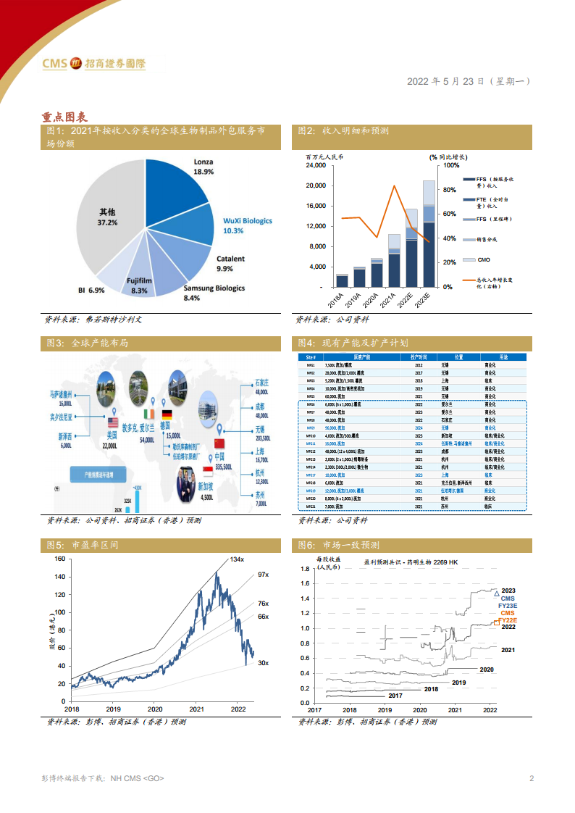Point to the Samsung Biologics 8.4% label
214,292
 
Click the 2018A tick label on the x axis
338,299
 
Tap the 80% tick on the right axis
448,190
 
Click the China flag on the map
219,442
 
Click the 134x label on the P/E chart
237,559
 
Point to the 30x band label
263,663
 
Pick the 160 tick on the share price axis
59,559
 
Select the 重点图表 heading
64,117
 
